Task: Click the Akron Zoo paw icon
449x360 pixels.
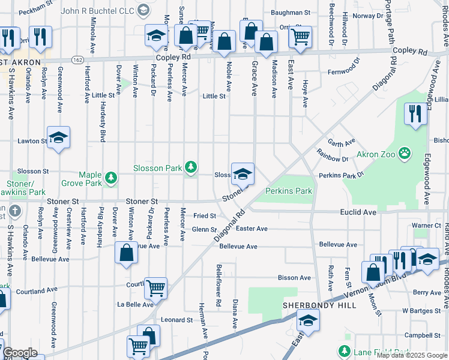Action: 406,153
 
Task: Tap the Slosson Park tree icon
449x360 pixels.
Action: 191,167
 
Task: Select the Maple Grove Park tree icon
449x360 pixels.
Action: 110,177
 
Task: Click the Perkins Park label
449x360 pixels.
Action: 288,191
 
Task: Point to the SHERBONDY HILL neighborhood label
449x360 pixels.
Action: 319,305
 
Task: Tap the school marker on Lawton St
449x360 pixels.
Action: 59,138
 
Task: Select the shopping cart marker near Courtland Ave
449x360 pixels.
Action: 155,287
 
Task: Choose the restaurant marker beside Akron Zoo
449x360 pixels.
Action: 415,113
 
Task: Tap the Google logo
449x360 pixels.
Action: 20,353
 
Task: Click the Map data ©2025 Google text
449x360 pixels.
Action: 412,355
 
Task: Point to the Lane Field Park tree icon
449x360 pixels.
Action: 345,351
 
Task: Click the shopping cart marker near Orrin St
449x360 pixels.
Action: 300,37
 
